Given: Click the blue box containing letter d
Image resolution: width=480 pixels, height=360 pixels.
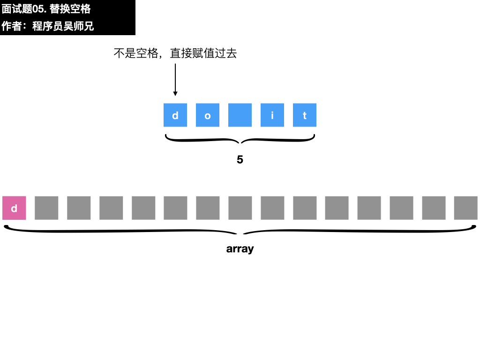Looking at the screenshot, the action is click(175, 115).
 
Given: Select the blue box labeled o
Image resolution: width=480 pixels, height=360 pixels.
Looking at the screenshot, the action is click(208, 115).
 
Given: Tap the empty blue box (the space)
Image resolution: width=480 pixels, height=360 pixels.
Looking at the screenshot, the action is click(240, 115).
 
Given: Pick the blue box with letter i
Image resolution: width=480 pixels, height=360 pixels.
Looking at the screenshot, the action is click(272, 115).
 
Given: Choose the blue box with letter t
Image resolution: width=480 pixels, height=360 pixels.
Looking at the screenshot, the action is click(305, 115).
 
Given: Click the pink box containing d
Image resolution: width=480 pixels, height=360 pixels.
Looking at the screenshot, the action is click(14, 208).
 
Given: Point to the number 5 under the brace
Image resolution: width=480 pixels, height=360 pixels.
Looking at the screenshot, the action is click(240, 159).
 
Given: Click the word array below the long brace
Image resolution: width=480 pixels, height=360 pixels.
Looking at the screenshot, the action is click(240, 249).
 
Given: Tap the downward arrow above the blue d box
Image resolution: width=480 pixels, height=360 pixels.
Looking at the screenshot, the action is click(175, 80).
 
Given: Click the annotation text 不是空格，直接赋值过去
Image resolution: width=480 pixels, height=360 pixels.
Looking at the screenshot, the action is click(175, 53).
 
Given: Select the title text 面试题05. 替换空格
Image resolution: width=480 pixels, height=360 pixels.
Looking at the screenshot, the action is click(46, 9).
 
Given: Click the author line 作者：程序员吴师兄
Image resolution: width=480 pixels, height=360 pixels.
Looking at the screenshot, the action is click(47, 26).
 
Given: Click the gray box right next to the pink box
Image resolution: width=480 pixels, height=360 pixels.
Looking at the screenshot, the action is click(46, 208).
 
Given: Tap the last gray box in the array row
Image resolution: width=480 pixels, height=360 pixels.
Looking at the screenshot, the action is click(465, 208).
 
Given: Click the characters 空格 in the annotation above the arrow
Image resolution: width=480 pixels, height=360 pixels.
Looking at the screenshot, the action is click(147, 53).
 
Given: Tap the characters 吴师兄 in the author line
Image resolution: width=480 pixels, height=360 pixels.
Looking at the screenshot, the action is click(78, 26).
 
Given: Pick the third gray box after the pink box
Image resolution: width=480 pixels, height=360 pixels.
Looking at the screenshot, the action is click(111, 208).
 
